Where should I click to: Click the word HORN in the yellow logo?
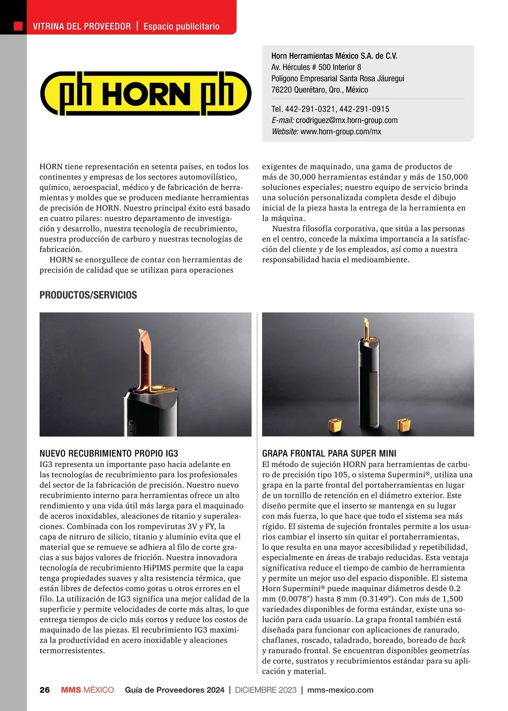146,94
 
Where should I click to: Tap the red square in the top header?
18,26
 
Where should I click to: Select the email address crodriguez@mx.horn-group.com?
347,120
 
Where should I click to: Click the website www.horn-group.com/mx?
341,132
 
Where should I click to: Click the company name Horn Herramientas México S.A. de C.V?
334,56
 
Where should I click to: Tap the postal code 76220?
282,90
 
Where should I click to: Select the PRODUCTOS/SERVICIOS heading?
88,295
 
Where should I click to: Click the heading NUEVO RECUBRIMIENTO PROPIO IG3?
109,454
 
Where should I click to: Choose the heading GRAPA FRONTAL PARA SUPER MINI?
329,454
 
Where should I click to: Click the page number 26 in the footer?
44,690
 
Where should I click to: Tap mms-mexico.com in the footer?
340,690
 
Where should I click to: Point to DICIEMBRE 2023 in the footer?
266,690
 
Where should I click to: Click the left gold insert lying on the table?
335,424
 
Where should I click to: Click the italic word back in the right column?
457,640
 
